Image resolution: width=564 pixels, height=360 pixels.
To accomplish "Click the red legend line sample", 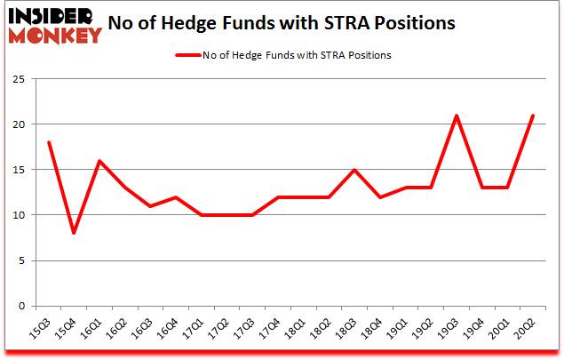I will pos(195,55).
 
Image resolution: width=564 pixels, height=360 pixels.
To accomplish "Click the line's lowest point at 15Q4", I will pos(75,233).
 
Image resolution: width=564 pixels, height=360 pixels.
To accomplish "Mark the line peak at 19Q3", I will pos(456,115).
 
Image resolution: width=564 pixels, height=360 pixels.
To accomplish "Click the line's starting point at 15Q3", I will pos(49,142).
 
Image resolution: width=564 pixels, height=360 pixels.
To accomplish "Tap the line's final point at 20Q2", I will pos(532,115).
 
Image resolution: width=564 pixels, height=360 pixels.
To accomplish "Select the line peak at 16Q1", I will pos(99,160).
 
